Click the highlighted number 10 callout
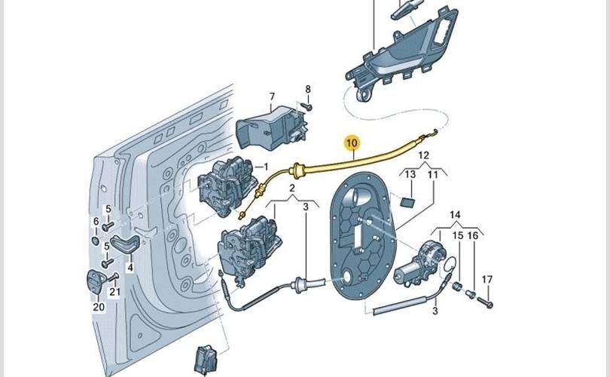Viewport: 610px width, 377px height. click(352, 141)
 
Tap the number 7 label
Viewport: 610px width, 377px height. click(272, 97)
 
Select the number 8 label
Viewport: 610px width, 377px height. click(307, 90)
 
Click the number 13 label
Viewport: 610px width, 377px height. click(410, 175)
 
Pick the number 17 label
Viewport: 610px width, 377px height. click(487, 280)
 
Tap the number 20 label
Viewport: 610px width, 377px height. click(98, 307)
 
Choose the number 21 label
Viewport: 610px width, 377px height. click(114, 292)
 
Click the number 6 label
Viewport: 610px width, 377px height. click(96, 221)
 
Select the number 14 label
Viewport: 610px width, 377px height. click(455, 216)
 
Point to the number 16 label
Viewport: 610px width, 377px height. click(472, 236)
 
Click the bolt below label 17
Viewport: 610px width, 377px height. click(484, 303)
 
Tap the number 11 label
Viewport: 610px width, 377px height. click(432, 175)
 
